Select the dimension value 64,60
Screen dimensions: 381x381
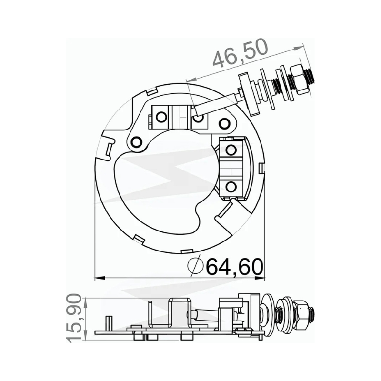(x=235, y=267)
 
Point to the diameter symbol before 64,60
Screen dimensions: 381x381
(x=196, y=266)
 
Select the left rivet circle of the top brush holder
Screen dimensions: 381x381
(x=160, y=117)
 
